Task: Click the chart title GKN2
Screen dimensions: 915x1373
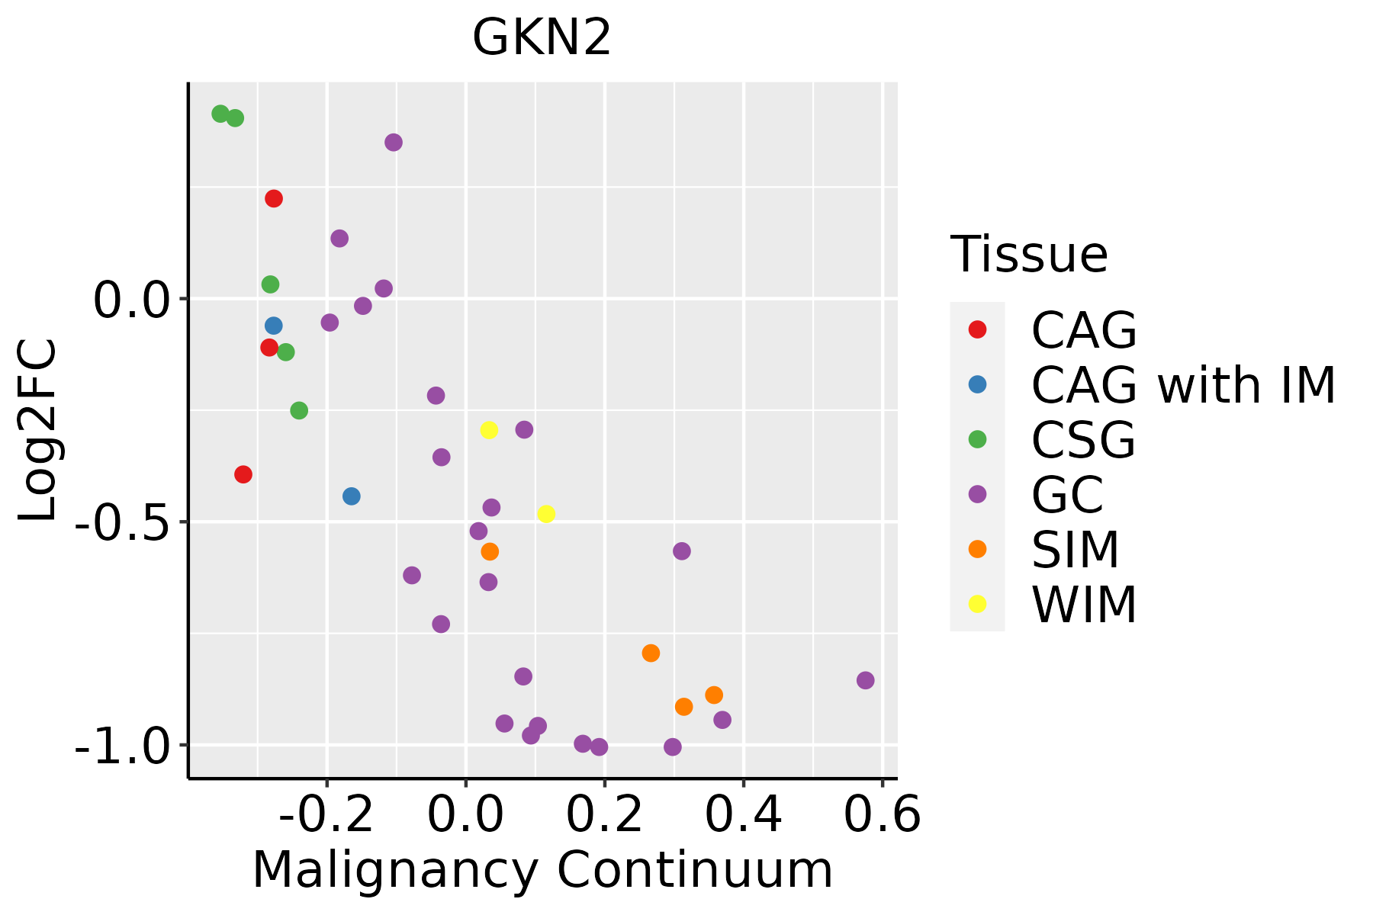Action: (542, 38)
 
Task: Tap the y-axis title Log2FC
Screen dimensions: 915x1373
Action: (38, 430)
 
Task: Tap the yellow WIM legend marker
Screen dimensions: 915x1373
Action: (977, 604)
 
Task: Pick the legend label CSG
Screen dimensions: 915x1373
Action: (1083, 440)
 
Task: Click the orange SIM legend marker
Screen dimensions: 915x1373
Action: (977, 549)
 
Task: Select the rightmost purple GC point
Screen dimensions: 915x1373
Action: (865, 680)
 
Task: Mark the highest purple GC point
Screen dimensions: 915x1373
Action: (394, 143)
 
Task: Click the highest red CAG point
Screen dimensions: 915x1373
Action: (274, 199)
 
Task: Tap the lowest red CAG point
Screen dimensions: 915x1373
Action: (243, 474)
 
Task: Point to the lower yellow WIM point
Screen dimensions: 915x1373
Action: (546, 514)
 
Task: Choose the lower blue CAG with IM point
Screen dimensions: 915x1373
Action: (352, 496)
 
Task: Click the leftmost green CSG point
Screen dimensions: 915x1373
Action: (220, 114)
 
